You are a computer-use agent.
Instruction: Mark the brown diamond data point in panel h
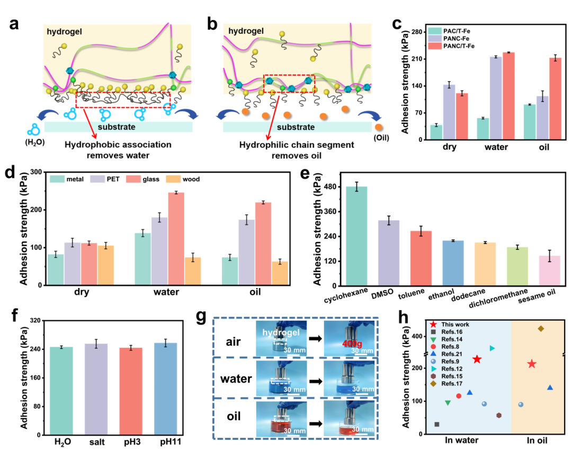click(x=541, y=329)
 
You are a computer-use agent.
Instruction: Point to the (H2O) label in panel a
click(x=36, y=141)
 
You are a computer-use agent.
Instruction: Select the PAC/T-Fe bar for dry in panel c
click(x=436, y=132)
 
